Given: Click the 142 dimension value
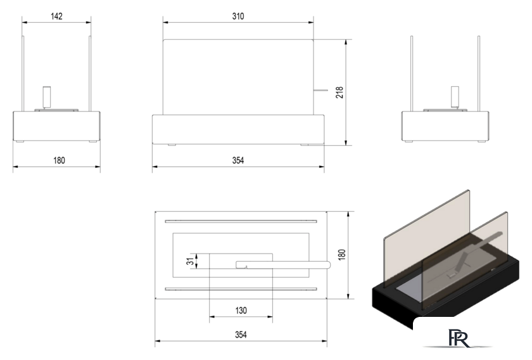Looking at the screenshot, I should [x=56, y=16].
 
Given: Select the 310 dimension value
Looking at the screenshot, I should [x=237, y=16].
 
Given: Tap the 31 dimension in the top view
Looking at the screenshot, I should [x=189, y=261].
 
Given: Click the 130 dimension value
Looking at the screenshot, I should [x=241, y=311].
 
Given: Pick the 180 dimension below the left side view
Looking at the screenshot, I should [x=58, y=161].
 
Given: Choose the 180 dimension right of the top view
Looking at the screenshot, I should [x=342, y=254].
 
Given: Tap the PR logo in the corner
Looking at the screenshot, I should [x=457, y=337].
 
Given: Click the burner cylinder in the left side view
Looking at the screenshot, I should [x=46, y=97].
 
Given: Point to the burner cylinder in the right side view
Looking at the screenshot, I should [x=453, y=97].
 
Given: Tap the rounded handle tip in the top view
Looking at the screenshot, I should [x=327, y=265].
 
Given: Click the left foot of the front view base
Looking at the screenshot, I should [x=172, y=145].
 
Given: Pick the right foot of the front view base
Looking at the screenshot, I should [x=305, y=145].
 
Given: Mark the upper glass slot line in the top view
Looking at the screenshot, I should [x=241, y=222].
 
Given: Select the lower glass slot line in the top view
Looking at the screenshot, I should [x=241, y=289].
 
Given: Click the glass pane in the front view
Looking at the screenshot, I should [x=237, y=76].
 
